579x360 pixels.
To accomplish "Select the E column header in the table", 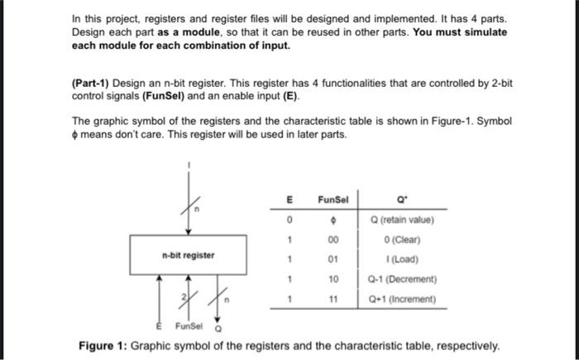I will [x=289, y=199].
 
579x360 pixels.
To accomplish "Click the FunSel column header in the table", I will [x=333, y=199].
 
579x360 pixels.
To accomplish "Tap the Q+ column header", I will [x=401, y=199].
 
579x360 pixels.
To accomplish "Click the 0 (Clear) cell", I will [x=403, y=239].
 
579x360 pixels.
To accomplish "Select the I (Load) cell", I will [x=401, y=259].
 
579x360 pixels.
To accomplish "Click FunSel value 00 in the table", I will [x=333, y=239].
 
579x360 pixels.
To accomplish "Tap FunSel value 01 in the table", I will [x=333, y=259].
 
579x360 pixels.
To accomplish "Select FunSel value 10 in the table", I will [x=333, y=279].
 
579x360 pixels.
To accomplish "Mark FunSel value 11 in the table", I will [x=333, y=298].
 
